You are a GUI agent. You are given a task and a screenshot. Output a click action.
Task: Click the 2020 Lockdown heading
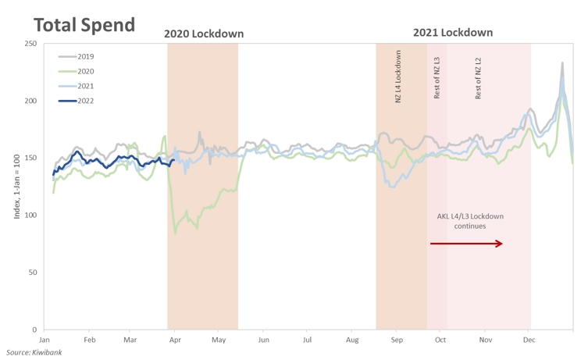click(203, 34)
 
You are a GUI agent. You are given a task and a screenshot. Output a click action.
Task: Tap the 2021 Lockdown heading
click(453, 33)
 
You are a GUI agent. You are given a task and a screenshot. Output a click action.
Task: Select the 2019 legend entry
click(85, 57)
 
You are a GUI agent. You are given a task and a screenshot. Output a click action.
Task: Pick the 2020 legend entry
click(85, 71)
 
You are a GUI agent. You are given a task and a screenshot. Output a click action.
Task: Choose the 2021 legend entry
click(85, 86)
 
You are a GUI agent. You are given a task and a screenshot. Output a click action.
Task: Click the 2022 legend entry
click(85, 101)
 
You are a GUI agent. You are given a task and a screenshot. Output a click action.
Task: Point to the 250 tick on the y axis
click(31, 44)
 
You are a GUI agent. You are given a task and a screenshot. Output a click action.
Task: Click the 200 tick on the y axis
click(31, 101)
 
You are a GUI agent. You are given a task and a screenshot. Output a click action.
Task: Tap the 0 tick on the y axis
click(35, 330)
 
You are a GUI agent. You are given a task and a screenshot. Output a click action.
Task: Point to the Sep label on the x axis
click(397, 340)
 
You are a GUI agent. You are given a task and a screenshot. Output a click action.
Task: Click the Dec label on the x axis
click(529, 340)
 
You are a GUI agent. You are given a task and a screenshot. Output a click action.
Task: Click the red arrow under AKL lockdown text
click(466, 244)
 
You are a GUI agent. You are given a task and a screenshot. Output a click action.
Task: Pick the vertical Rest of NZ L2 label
click(478, 78)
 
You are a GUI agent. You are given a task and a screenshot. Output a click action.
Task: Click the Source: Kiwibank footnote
click(35, 352)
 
